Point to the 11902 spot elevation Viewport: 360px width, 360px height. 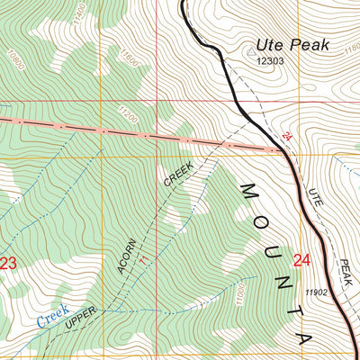pos(317,292)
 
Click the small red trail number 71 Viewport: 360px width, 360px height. pos(142,258)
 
